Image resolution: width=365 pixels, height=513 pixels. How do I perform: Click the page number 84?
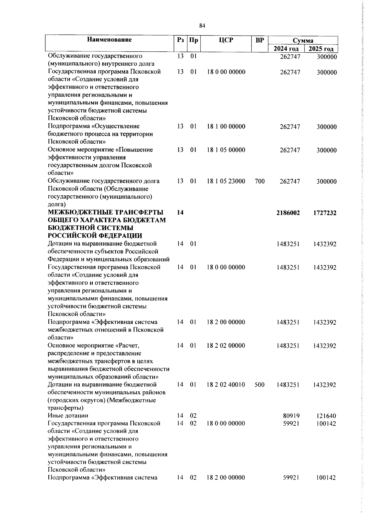(x=202, y=26)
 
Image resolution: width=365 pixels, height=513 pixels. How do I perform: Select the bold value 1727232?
(x=325, y=213)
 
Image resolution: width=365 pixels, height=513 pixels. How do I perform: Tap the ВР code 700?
(x=259, y=181)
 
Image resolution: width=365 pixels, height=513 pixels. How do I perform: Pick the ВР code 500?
(x=259, y=385)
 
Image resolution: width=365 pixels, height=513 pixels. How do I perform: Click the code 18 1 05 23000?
(x=226, y=181)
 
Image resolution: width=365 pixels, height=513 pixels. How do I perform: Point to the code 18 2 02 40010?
(x=226, y=385)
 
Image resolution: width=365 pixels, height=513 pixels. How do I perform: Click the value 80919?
(x=291, y=416)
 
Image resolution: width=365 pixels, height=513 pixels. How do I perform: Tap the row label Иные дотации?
(x=68, y=416)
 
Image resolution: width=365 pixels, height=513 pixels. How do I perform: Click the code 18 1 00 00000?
(x=226, y=127)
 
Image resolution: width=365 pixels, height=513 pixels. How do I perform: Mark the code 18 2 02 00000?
(x=226, y=346)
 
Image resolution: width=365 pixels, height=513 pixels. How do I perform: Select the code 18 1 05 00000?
(x=226, y=150)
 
